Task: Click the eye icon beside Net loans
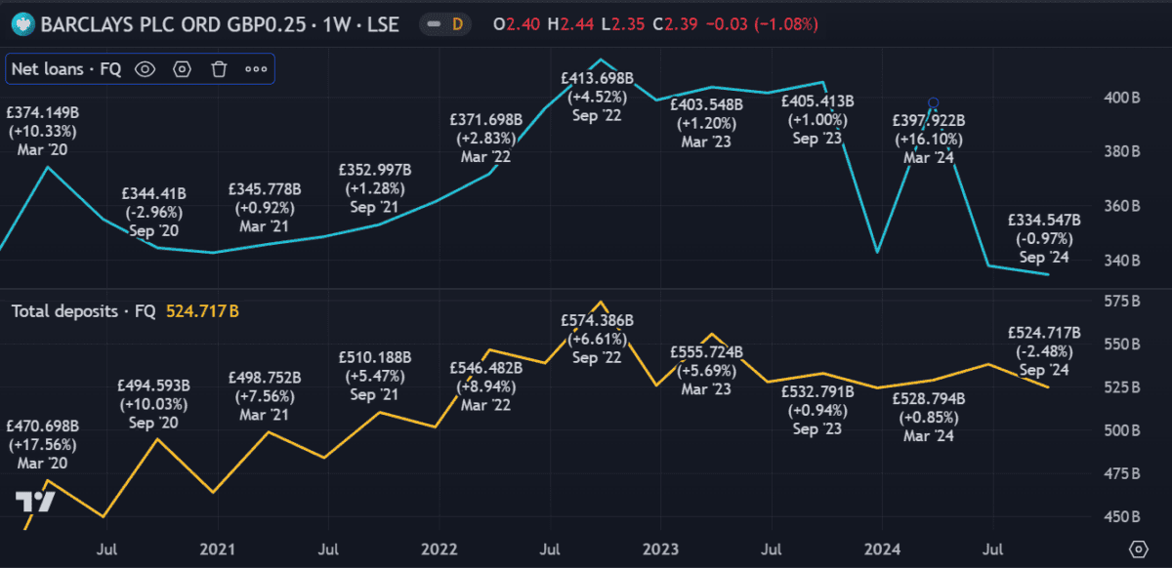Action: tap(146, 68)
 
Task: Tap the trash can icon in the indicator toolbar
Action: tap(219, 68)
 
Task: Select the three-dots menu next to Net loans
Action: tap(256, 68)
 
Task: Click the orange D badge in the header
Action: tap(456, 24)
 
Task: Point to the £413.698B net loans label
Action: tap(598, 77)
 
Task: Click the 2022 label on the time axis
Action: tap(439, 548)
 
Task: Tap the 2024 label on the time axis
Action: tap(883, 548)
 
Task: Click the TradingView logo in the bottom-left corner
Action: tap(34, 502)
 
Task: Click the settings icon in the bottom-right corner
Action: tap(1137, 548)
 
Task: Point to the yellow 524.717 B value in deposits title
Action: tap(202, 311)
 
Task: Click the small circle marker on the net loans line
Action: tap(934, 102)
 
